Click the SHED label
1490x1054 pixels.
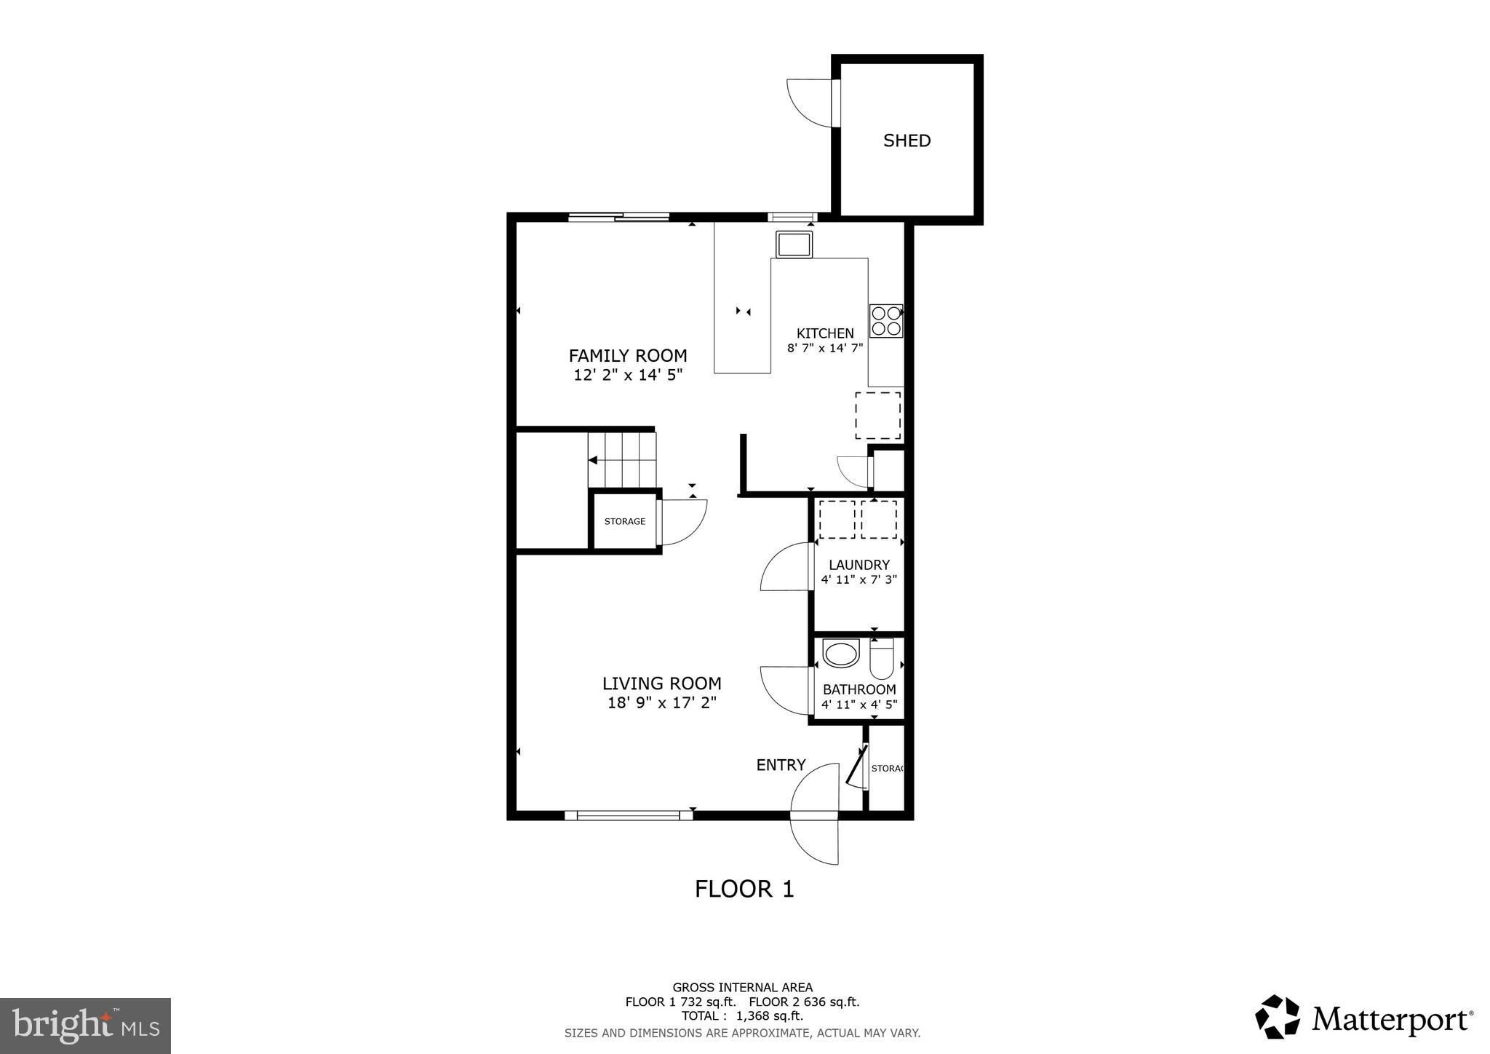click(907, 140)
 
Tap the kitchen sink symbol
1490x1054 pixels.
click(794, 244)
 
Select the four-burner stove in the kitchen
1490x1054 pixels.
click(886, 321)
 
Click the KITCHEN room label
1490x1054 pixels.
click(825, 333)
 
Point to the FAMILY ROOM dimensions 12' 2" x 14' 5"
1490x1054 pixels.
click(628, 375)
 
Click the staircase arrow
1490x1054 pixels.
click(593, 460)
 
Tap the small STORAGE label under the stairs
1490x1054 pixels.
click(624, 521)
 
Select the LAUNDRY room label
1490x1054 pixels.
click(859, 565)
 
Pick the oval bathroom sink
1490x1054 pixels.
click(841, 654)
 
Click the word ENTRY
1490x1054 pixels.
click(781, 765)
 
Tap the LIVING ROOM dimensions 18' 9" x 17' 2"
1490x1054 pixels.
click(662, 703)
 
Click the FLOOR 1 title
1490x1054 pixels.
click(744, 889)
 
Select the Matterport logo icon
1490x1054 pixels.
click(1278, 1017)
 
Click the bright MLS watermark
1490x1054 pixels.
click(86, 1026)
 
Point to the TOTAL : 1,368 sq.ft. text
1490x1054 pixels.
click(742, 1015)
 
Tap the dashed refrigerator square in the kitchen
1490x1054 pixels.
click(877, 416)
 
